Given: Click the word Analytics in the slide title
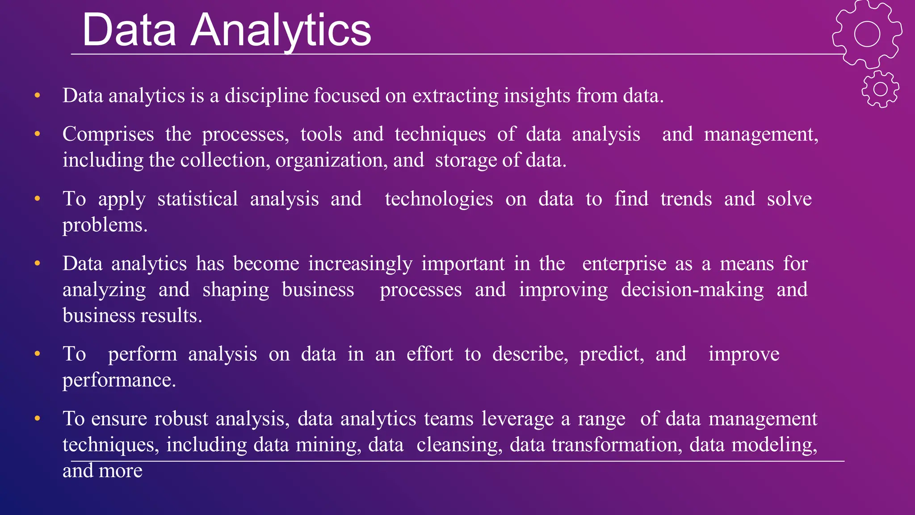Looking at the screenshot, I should coord(281,30).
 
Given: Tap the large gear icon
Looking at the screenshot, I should coord(867,34).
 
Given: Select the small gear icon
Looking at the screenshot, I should coord(880,89).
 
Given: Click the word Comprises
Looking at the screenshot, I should coord(108,134).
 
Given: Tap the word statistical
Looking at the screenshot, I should coord(197,199).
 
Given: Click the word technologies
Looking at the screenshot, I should coord(439,199).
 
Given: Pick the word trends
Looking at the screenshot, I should coord(686,199).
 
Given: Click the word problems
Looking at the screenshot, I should coord(105,225).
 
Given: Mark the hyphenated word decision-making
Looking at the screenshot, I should coord(692,290).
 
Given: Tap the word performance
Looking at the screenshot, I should coord(119,380).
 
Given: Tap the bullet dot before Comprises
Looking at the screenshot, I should coord(38,134).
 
